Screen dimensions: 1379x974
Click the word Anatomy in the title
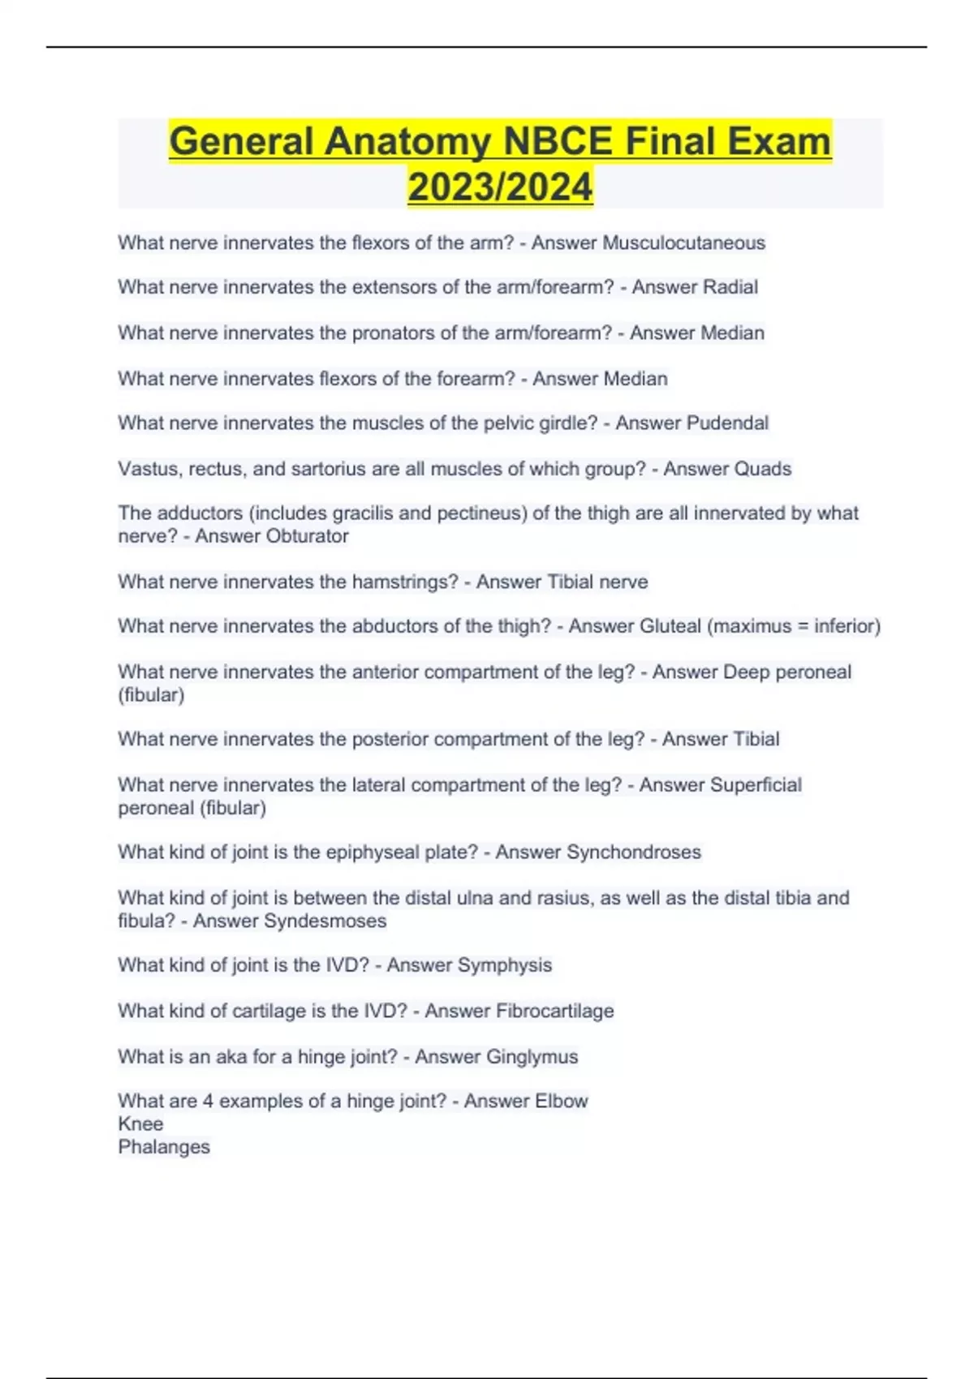coord(408,142)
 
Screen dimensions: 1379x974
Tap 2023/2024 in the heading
coord(500,187)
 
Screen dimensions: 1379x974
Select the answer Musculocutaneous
coord(683,243)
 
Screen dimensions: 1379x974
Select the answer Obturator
coord(272,536)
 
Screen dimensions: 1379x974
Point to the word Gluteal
coord(670,626)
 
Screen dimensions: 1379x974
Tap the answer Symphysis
coord(504,965)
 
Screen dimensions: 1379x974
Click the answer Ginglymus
coord(532,1057)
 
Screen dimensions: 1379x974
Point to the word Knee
coord(140,1124)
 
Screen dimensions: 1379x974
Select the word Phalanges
coord(164,1147)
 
